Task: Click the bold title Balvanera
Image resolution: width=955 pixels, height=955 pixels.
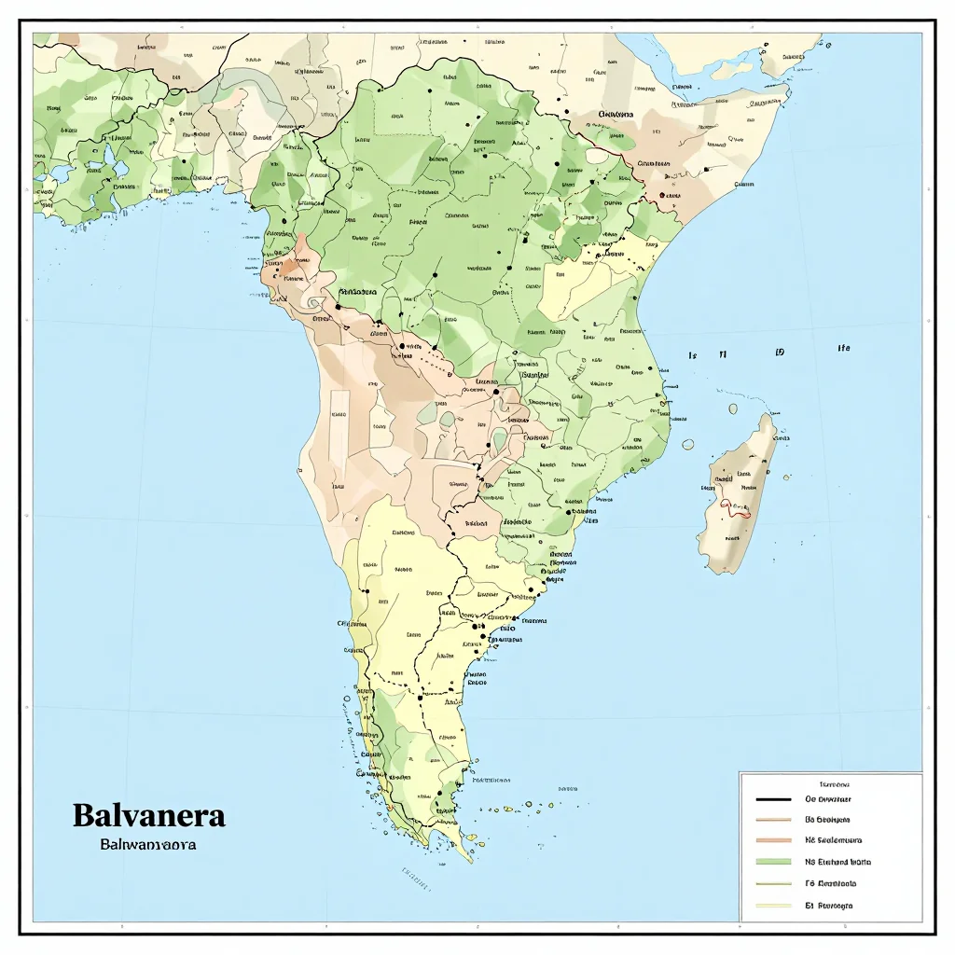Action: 148,815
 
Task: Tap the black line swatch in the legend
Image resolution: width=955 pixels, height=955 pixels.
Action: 773,800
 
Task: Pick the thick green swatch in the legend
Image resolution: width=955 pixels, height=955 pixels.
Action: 773,863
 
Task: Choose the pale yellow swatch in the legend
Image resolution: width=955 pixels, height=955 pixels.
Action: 773,905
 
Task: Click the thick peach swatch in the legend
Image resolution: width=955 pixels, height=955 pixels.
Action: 773,841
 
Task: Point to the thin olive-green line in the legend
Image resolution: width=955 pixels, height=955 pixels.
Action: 773,883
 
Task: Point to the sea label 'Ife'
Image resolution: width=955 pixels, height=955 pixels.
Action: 843,348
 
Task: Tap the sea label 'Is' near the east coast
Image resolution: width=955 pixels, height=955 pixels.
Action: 692,355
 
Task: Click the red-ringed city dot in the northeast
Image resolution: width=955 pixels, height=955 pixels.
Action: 662,196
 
